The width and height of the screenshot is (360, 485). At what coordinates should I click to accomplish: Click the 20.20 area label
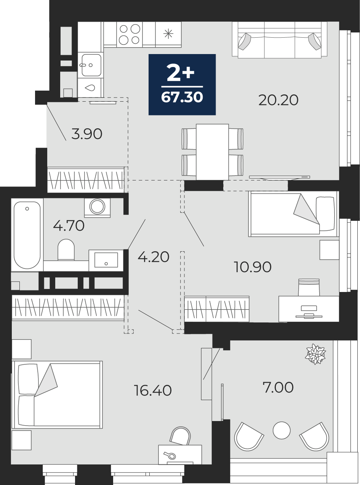[x=278, y=100]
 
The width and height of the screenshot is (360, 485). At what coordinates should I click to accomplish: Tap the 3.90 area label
[x=86, y=134]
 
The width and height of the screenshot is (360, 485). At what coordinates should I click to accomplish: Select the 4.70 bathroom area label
[x=69, y=226]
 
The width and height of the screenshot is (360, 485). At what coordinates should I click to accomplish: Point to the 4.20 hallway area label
[x=154, y=257]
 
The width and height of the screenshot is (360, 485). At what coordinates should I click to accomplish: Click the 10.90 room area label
[x=253, y=267]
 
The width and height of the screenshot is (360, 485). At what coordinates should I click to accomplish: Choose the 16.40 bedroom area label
[x=153, y=391]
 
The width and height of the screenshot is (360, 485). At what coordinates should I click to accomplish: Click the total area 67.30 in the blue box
[x=182, y=97]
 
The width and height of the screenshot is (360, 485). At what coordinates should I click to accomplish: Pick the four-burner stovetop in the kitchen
[x=130, y=34]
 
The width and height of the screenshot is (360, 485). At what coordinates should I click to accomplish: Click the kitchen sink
[x=91, y=65]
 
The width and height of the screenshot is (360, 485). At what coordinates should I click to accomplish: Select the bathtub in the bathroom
[x=27, y=235]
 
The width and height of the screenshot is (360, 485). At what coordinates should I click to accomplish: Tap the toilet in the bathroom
[x=66, y=250]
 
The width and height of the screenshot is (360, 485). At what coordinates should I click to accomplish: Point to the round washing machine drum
[x=97, y=206]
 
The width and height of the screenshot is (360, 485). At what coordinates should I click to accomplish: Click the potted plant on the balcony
[x=315, y=354]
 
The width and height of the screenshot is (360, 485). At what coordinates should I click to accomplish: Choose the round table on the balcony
[x=282, y=430]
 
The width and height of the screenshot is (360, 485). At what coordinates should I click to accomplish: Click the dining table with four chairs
[x=212, y=152]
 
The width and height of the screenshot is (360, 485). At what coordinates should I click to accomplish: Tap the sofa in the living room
[x=280, y=40]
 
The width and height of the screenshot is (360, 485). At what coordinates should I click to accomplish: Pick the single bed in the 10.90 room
[x=293, y=214]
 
